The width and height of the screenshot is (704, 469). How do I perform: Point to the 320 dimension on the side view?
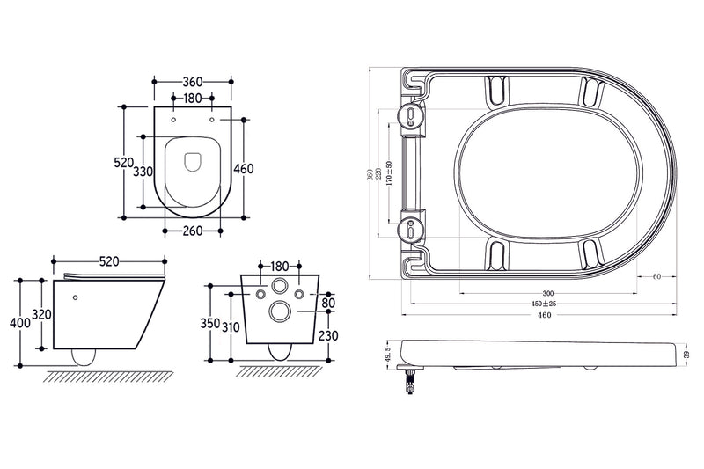(40, 315)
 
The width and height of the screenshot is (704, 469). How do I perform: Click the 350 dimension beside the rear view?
(209, 323)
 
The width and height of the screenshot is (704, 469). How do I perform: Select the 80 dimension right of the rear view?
(329, 304)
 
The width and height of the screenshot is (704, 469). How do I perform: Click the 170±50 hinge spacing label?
(388, 173)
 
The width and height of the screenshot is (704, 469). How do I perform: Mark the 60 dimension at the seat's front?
(656, 276)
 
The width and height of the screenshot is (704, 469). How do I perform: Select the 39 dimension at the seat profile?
(686, 354)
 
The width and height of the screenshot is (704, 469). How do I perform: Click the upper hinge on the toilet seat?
(410, 115)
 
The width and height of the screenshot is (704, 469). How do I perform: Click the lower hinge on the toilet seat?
(410, 231)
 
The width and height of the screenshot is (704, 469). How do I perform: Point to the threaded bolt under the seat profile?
(409, 380)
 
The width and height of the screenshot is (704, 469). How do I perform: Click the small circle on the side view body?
(77, 297)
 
